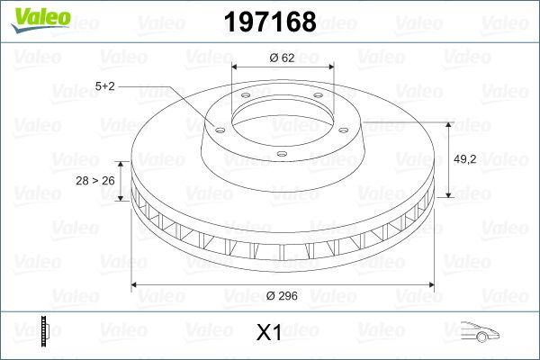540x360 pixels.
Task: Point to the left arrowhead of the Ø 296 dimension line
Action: (x=136, y=285)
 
